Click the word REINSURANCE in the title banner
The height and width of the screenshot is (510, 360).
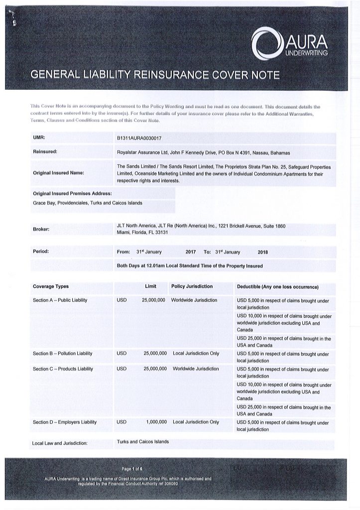click(x=154, y=75)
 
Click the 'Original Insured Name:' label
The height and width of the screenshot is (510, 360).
click(x=58, y=173)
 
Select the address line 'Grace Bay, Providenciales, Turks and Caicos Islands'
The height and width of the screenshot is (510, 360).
click(x=87, y=203)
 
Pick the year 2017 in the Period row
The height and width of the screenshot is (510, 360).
click(x=191, y=252)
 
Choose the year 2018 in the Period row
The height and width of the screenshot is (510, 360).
click(x=263, y=252)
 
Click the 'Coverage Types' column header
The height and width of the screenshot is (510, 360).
click(x=51, y=286)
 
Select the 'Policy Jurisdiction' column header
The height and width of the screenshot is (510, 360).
click(x=192, y=286)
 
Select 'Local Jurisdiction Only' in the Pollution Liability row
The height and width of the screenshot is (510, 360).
click(x=196, y=353)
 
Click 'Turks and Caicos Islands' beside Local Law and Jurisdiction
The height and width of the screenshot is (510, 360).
click(x=143, y=441)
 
